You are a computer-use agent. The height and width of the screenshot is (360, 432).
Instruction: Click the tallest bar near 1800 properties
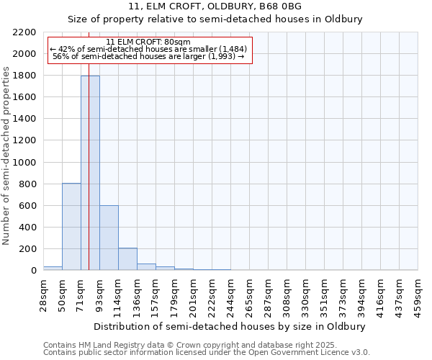click(90, 173)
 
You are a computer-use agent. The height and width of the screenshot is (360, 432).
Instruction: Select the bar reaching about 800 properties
click(71, 227)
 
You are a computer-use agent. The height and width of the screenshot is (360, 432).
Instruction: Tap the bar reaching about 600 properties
click(109, 238)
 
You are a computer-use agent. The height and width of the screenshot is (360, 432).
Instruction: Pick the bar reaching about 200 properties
click(127, 259)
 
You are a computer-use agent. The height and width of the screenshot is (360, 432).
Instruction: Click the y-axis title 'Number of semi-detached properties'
click(6, 156)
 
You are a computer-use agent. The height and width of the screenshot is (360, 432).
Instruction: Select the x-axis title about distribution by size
click(230, 326)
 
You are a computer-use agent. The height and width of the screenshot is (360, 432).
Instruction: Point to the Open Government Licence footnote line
click(206, 353)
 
